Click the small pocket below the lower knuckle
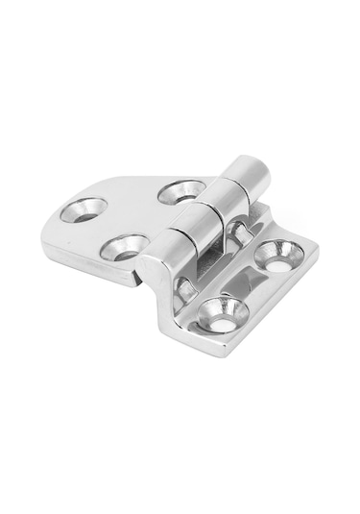(184, 285)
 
